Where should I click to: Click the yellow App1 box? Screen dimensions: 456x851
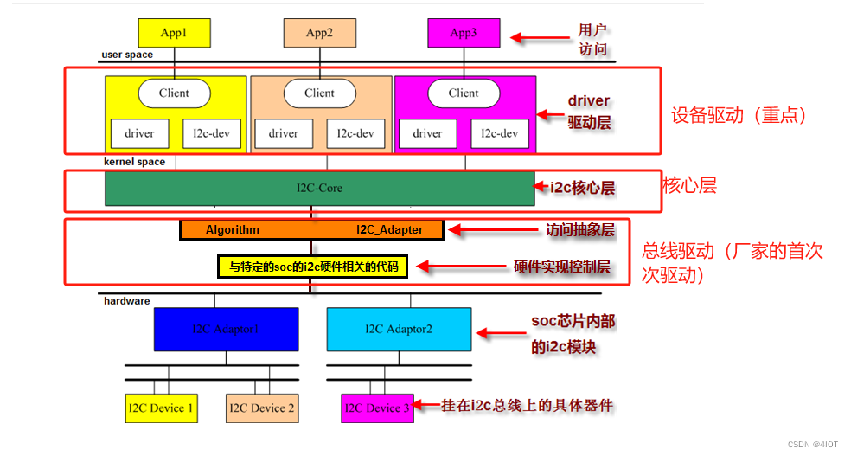(174, 33)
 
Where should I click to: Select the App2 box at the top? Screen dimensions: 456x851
(319, 33)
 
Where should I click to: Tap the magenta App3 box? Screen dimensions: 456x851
(464, 33)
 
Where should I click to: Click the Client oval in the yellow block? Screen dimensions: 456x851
(174, 93)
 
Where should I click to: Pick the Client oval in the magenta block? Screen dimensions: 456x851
(464, 93)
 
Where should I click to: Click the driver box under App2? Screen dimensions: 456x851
(284, 133)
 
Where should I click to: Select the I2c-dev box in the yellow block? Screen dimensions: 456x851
(212, 133)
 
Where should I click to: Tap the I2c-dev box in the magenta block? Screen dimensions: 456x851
(500, 133)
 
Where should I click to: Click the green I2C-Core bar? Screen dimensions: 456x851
(319, 188)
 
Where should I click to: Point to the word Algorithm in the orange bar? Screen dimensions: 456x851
(232, 229)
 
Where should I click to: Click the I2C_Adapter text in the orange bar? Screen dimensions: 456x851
(389, 229)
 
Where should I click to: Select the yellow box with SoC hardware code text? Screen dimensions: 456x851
(311, 267)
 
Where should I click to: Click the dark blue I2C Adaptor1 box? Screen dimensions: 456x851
(226, 329)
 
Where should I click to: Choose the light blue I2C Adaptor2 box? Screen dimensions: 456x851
(399, 329)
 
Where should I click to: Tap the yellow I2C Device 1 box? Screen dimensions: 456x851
(161, 408)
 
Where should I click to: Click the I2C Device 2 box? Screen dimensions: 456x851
(261, 408)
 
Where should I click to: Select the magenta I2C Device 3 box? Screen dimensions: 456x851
(377, 408)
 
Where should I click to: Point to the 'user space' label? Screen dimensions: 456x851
(127, 55)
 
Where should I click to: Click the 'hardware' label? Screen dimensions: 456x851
(126, 301)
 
